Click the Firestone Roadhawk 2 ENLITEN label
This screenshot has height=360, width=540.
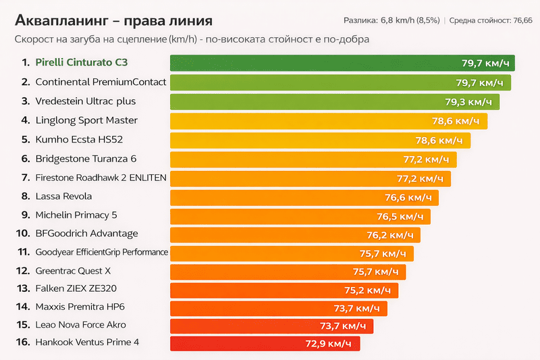click(x=101, y=178)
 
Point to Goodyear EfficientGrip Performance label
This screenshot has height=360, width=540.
click(x=101, y=253)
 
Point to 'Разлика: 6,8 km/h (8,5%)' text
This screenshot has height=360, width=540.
click(x=391, y=21)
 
